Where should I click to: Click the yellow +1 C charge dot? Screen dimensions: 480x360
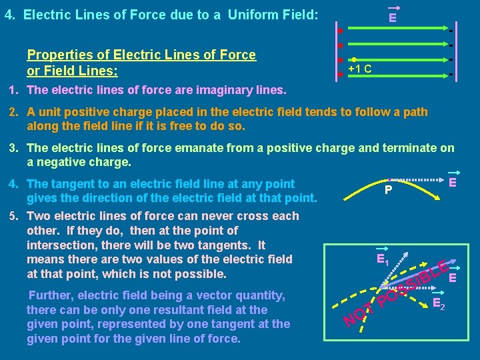pos(354,59)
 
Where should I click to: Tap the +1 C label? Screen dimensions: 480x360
pos(360,69)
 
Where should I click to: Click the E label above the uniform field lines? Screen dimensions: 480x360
pos(393,17)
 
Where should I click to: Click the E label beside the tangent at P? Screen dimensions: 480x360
pos(452,182)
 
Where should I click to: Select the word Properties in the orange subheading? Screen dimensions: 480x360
pos(57,55)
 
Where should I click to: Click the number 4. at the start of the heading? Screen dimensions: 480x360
pos(9,14)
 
